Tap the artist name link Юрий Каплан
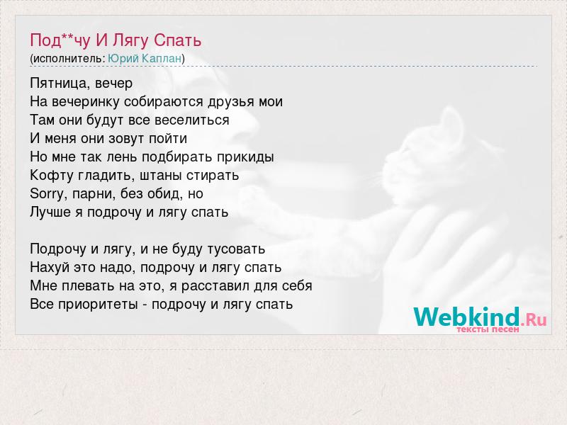click(x=145, y=59)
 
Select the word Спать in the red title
click(x=177, y=40)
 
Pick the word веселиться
click(x=191, y=120)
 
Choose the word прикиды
click(x=245, y=157)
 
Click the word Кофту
click(x=52, y=176)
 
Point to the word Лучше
click(x=50, y=212)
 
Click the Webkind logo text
click(x=466, y=317)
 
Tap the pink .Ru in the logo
click(x=534, y=319)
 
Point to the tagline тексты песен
click(x=488, y=329)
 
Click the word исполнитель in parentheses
click(x=68, y=59)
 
